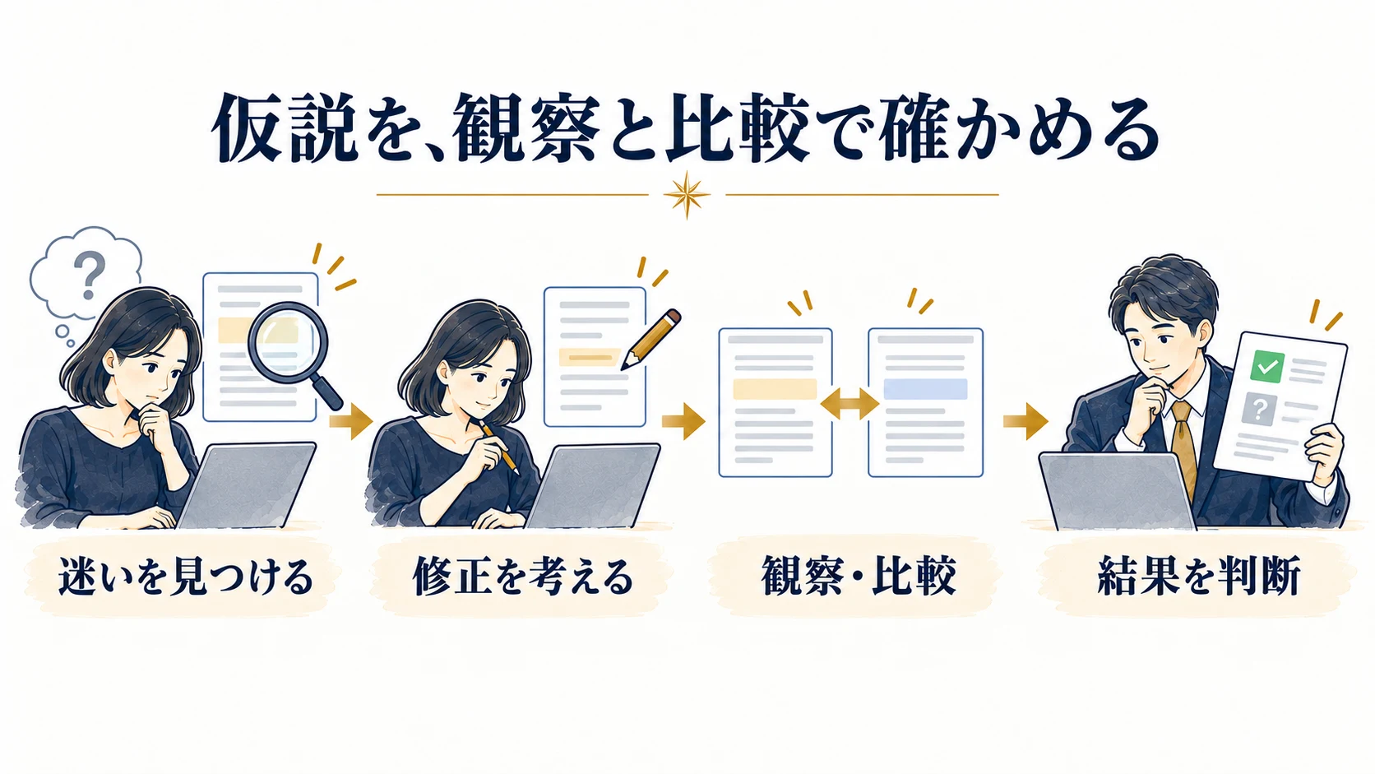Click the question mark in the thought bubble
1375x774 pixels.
pos(90,276)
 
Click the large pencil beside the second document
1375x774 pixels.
pos(650,339)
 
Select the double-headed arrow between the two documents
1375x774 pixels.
pos(850,404)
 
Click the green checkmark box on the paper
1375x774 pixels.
pos(1267,367)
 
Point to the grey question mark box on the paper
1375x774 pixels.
pos(1259,410)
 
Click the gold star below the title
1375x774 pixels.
pos(687,195)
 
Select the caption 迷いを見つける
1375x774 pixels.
pos(186,576)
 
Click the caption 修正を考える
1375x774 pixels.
pos(522,576)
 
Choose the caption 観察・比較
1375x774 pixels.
pos(859,576)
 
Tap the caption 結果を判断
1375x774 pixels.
pos(1199,576)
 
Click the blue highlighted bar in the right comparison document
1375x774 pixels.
pos(925,389)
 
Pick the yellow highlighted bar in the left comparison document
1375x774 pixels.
pos(775,389)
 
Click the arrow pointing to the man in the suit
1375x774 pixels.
pos(1025,421)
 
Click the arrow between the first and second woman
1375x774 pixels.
pos(351,421)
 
